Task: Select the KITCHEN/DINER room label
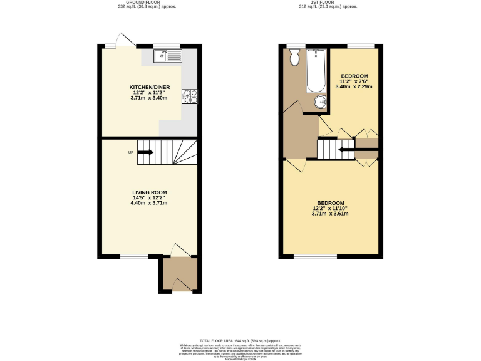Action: tap(150, 87)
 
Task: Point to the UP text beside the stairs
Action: tap(130, 152)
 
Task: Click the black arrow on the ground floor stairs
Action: tap(145, 152)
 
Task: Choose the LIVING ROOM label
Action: tap(150, 192)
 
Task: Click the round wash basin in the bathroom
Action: tap(321, 103)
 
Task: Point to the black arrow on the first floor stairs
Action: tap(346, 149)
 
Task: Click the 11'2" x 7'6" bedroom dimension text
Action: tap(354, 81)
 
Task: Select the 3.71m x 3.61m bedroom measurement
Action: tap(329, 214)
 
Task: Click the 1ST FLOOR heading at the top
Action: tap(329, 2)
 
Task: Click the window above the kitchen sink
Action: tap(167, 46)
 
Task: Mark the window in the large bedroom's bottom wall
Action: tap(315, 256)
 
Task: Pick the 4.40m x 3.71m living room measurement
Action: tap(150, 203)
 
